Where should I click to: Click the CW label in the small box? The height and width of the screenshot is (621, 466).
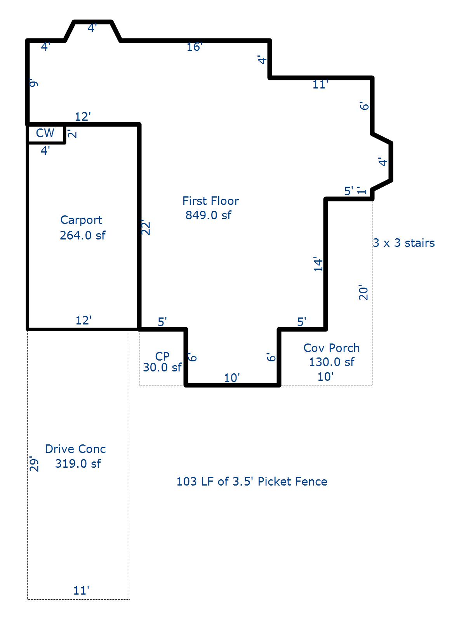45,133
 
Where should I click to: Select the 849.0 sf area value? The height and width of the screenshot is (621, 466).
208,215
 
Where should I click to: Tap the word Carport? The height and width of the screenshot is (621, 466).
81,220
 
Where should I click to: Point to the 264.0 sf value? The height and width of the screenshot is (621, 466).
82,235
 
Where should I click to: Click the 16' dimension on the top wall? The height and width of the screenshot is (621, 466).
194,47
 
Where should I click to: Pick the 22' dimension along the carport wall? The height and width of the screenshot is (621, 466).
145,227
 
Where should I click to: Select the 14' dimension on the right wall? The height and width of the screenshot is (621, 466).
318,264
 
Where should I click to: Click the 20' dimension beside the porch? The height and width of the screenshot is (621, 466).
363,292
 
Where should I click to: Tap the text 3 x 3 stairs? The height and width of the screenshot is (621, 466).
404,243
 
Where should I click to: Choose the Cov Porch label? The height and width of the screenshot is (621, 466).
331,348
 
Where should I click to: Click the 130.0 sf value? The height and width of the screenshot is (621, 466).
331,362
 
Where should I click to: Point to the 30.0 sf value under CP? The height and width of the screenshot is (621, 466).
162,367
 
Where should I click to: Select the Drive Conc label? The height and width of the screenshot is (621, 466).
75,449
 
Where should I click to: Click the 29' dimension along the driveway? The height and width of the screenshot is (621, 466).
34,464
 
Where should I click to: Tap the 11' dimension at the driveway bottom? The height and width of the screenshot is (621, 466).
81,591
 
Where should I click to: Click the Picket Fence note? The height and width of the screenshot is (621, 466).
252,482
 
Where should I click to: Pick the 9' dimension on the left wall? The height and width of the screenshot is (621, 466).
34,83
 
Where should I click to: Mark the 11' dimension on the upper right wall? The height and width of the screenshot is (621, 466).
320,85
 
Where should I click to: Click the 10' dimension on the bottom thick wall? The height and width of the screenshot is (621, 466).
232,378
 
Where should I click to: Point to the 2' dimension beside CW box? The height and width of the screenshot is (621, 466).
72,134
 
